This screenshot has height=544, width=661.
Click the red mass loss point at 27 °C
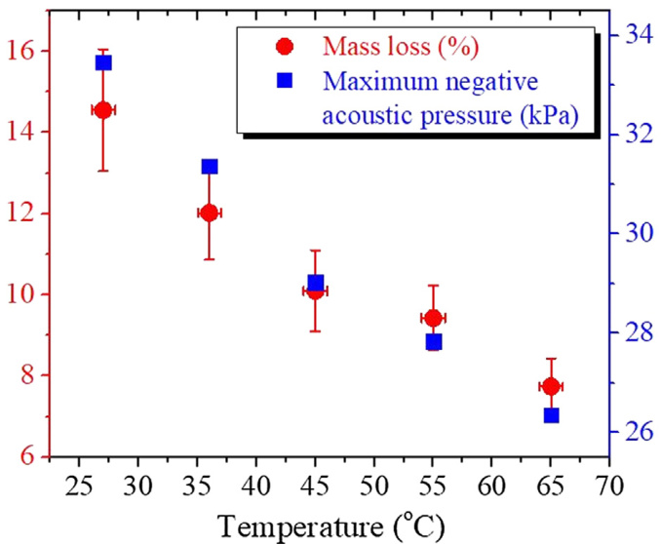[102, 110]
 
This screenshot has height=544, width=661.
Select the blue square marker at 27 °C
[103, 62]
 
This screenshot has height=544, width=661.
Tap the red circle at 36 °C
[209, 213]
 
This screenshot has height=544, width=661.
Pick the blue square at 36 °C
[210, 167]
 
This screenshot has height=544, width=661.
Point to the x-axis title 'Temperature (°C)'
[331, 525]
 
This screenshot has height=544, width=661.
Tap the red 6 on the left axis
[29, 456]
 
